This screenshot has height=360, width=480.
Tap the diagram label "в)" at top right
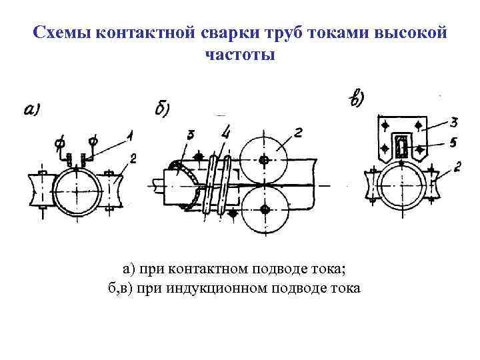pyautogui.click(x=357, y=99)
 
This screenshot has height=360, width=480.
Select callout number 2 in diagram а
pyautogui.click(x=134, y=158)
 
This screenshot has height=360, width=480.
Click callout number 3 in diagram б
pyautogui.click(x=191, y=136)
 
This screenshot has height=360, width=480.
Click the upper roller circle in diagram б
pyautogui.click(x=264, y=160)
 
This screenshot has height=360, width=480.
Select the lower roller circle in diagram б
pyautogui.click(x=265, y=209)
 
